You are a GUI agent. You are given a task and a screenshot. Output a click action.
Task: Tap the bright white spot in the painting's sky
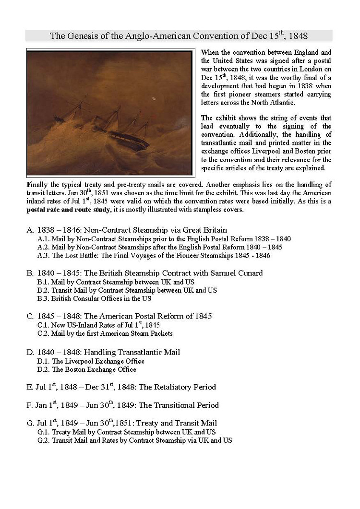point(155,99)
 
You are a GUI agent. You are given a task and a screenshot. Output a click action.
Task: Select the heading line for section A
point(127,230)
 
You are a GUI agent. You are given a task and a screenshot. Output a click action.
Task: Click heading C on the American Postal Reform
point(119,316)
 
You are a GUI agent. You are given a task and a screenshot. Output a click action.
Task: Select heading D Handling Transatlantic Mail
point(103,352)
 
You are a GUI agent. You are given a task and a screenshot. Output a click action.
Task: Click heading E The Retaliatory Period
point(121,387)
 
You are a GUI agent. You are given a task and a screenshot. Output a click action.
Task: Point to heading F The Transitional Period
point(122,405)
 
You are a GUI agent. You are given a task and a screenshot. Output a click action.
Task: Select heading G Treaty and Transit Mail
point(122,423)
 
